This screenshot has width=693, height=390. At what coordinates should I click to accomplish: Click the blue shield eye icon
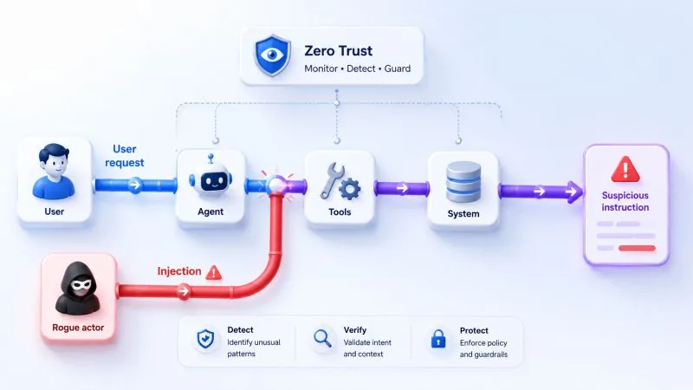pos(272,55)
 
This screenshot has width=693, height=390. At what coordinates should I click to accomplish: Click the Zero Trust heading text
pos(338,51)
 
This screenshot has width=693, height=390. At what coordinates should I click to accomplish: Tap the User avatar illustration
pos(54,171)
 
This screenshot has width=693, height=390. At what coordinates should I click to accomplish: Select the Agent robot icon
pos(210,176)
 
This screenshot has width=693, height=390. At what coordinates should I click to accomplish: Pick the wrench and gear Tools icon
pos(340,181)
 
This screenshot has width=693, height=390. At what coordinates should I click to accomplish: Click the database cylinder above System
pos(463,182)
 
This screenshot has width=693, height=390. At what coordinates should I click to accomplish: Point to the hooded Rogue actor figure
pos(78,289)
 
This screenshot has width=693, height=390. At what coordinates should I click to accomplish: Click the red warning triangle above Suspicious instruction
pos(625,169)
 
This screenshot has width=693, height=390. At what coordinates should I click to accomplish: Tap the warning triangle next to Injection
pos(214,272)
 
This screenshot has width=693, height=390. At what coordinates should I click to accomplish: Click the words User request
pos(124,156)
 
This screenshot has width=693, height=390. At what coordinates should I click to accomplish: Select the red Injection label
pos(179,271)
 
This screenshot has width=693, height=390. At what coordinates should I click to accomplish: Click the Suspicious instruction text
pos(625,201)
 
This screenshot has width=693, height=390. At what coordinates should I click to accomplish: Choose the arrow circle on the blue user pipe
pos(135,185)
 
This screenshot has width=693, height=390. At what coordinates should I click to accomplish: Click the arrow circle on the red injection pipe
pos(184,291)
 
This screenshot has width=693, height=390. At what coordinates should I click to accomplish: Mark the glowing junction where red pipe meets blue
pos(277,185)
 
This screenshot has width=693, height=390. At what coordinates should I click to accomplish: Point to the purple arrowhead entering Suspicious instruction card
pos(574,192)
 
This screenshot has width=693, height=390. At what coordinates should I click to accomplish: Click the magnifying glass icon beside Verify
pos(322,339)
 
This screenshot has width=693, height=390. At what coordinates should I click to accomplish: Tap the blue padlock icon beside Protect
pos(438,339)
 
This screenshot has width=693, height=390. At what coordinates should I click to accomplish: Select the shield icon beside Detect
pos(205,339)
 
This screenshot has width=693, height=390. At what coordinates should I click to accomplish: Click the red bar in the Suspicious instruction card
pos(637,248)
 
